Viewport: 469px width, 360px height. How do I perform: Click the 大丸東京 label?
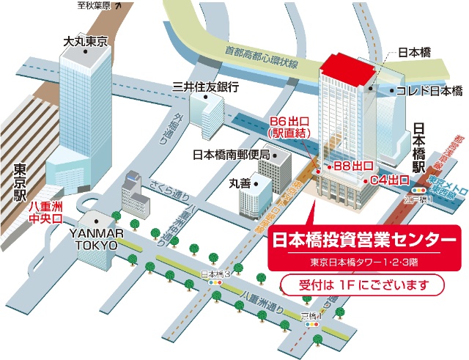[x=85, y=40]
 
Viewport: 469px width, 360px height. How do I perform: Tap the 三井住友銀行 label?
[x=206, y=87]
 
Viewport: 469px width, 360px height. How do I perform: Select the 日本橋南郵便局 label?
[x=231, y=155]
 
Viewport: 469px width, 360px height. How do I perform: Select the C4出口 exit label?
[x=388, y=180]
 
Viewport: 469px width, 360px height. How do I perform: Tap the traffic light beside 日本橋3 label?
[x=216, y=282]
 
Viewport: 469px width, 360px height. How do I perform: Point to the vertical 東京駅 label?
[x=20, y=182]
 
